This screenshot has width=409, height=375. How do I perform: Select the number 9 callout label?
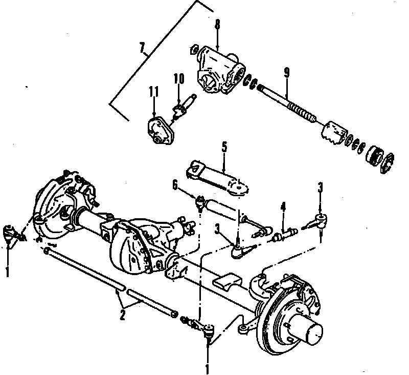coord(286,72)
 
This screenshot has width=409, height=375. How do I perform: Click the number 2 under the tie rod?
coord(123,316)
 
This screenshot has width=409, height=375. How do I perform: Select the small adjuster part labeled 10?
coord(180,108)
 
